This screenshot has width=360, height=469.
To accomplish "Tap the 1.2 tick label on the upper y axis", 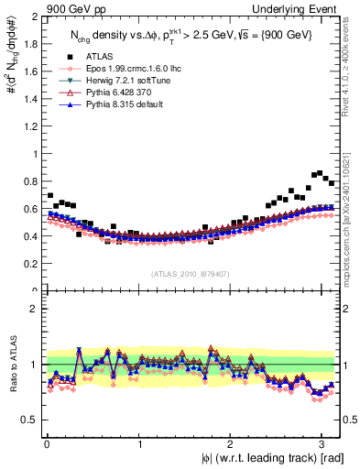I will point(31,125).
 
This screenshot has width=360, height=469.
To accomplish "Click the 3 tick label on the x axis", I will point(326,443).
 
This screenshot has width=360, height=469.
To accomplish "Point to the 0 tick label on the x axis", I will point(46,443).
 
